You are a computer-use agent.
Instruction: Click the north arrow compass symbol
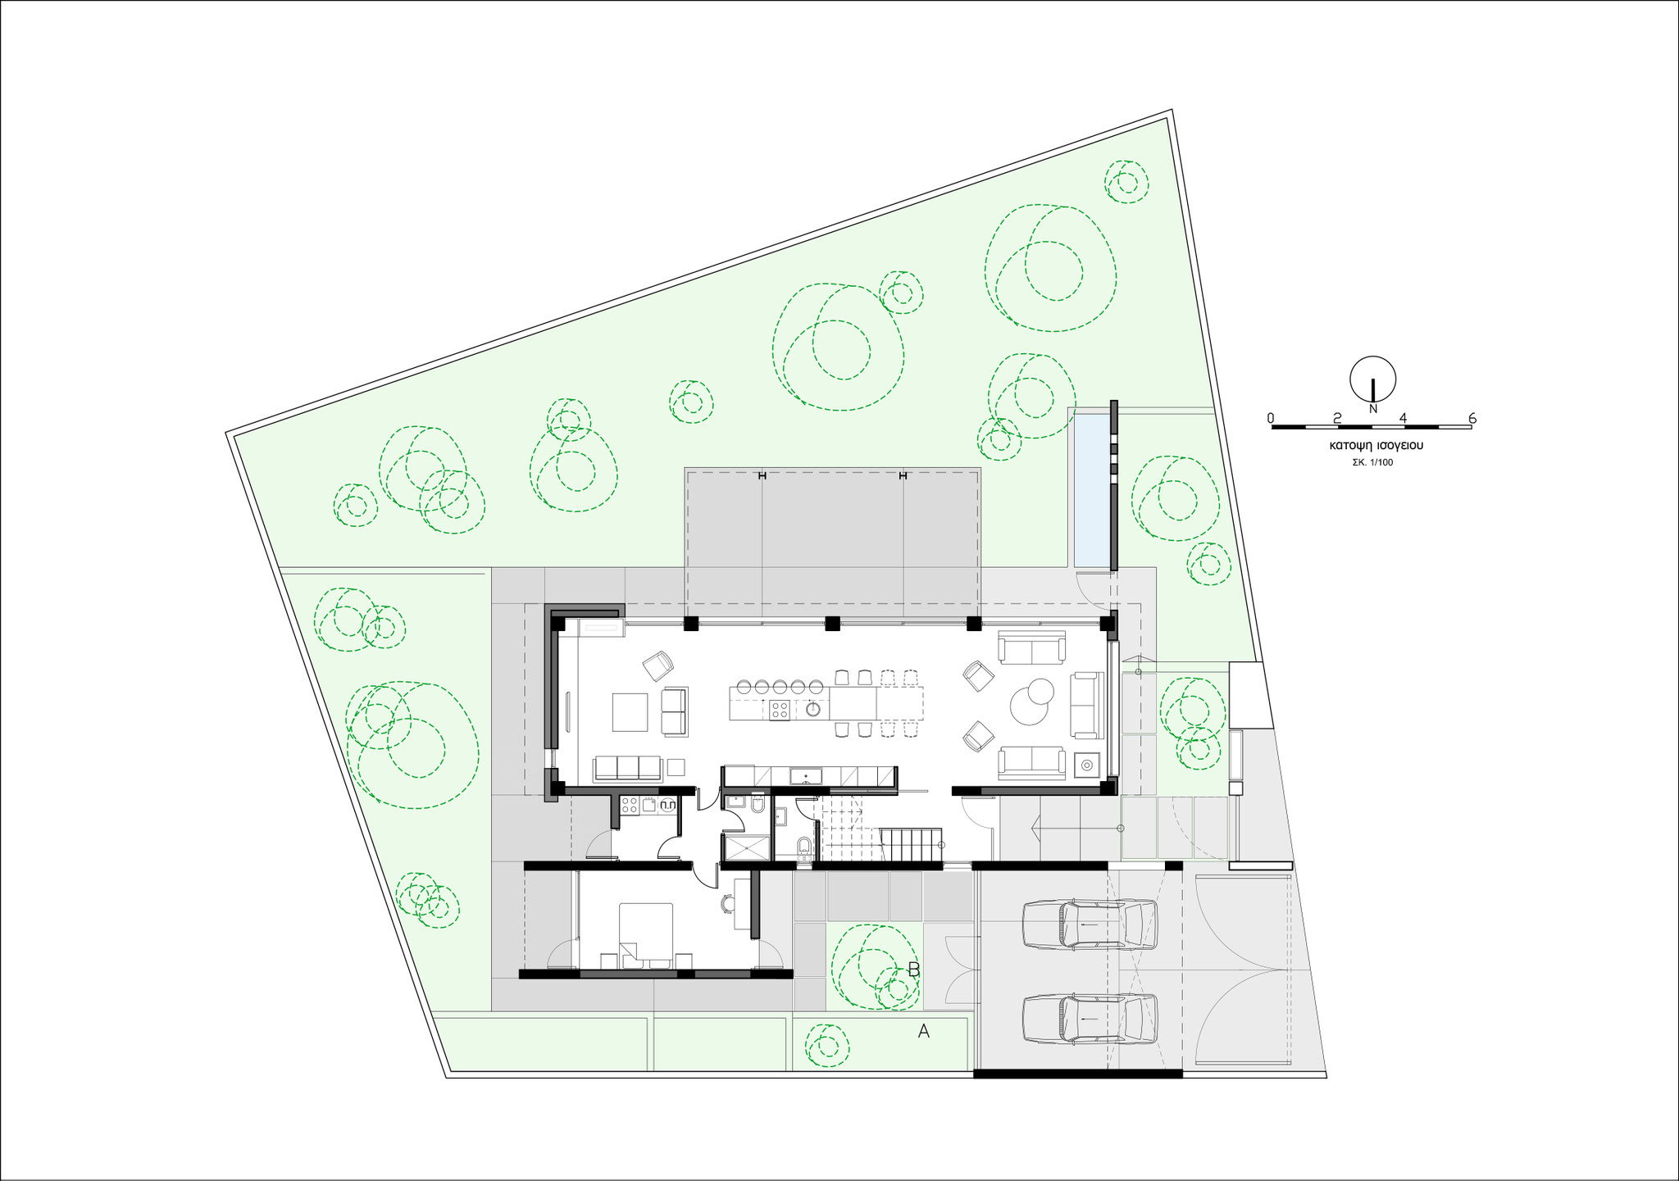point(1373,382)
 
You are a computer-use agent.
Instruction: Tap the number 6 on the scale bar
point(1472,418)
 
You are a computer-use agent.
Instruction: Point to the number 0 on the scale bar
point(1271,418)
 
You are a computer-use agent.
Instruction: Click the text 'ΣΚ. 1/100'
point(1372,462)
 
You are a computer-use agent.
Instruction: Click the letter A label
point(923,1032)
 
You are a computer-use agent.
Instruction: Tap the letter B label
point(914,970)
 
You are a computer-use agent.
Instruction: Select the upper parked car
point(1090,925)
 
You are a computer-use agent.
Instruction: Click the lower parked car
point(1090,1019)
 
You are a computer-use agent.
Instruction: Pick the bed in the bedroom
point(645,935)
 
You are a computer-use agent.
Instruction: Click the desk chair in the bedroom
point(727,903)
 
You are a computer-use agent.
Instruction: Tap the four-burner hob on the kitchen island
point(780,711)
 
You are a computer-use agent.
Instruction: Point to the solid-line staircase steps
point(909,845)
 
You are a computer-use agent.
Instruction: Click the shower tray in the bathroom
point(747,847)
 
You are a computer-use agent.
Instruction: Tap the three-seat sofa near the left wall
point(627,768)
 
